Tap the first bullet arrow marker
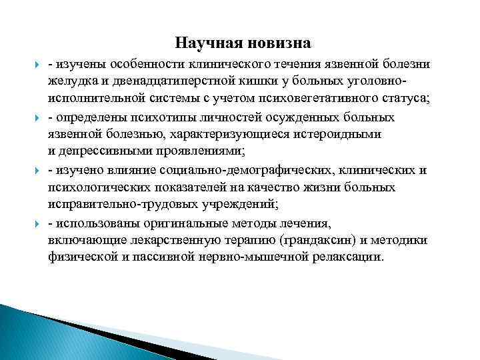(x=35, y=65)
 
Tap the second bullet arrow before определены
(x=35, y=117)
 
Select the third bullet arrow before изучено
(x=35, y=170)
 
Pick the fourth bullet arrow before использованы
(x=35, y=222)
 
